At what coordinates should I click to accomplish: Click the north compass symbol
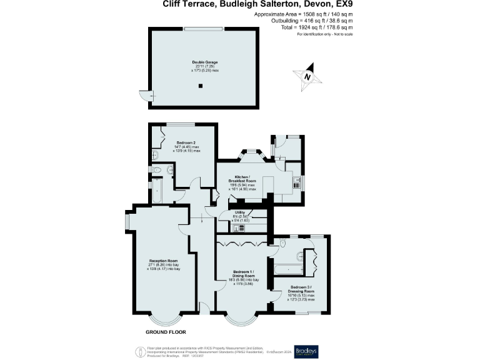(308, 76)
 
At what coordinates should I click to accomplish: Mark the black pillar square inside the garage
(201, 87)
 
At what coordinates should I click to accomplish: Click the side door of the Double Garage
(144, 96)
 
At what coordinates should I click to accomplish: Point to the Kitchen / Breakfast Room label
(243, 179)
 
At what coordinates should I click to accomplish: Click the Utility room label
(240, 216)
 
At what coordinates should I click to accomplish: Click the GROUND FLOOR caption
(166, 332)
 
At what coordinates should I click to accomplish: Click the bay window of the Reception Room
(165, 318)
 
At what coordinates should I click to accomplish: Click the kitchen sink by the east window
(296, 182)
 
